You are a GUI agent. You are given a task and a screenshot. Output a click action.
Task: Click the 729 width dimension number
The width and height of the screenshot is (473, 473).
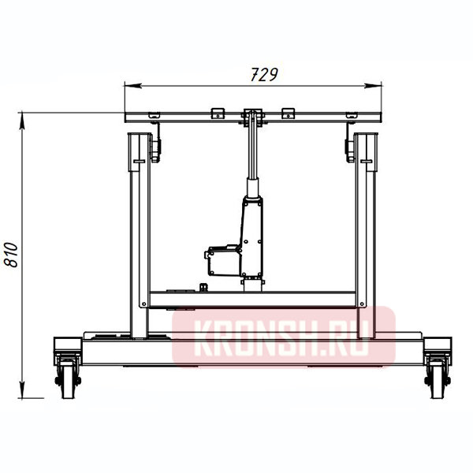(x=264, y=75)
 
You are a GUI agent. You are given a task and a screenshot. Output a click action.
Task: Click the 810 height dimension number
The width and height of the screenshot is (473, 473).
(x=11, y=255)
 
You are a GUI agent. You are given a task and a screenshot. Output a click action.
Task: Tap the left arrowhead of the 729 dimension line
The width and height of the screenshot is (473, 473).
(x=132, y=86)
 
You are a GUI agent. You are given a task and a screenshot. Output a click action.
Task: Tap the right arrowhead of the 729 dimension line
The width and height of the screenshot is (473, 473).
(x=373, y=86)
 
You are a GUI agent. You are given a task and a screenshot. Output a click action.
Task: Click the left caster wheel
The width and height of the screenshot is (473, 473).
(x=68, y=378)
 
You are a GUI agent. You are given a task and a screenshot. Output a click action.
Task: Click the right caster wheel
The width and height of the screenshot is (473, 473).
(x=438, y=378)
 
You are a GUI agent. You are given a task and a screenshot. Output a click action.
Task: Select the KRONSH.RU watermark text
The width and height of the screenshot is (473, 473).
(x=283, y=338)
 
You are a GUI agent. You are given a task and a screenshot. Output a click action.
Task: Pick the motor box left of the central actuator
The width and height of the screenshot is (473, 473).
(x=223, y=261)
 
